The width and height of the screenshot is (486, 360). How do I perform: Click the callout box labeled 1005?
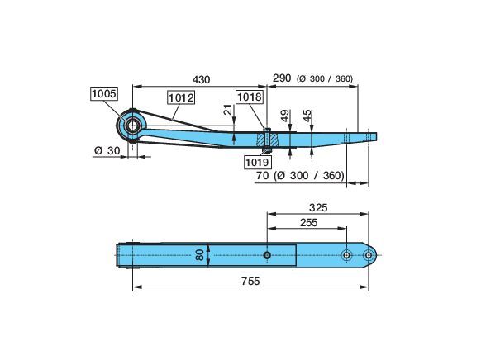[104, 93]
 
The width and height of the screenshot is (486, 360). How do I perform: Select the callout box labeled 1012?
[181, 97]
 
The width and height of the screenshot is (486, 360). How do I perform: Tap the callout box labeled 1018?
[250, 97]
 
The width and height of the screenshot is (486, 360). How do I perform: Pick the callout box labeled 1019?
[257, 162]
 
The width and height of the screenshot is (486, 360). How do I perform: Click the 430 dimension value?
[201, 80]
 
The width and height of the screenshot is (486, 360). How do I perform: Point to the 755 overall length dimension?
[250, 281]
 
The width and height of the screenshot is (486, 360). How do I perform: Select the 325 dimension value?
[318, 208]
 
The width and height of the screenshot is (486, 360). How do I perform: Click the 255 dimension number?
[309, 223]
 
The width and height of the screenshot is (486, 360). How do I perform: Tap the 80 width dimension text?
[200, 255]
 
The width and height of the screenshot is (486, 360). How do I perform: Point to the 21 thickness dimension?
[228, 110]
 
